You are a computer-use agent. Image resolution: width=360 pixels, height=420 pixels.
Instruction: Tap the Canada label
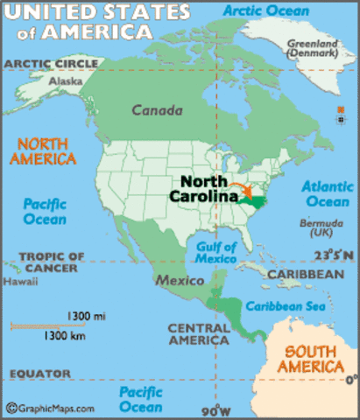(x=158, y=111)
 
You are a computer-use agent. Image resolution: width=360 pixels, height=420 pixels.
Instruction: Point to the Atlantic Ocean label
(x=327, y=194)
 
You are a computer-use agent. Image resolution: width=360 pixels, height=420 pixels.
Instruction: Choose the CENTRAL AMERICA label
(x=201, y=333)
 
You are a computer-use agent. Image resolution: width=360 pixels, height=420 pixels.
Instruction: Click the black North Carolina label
(x=208, y=189)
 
